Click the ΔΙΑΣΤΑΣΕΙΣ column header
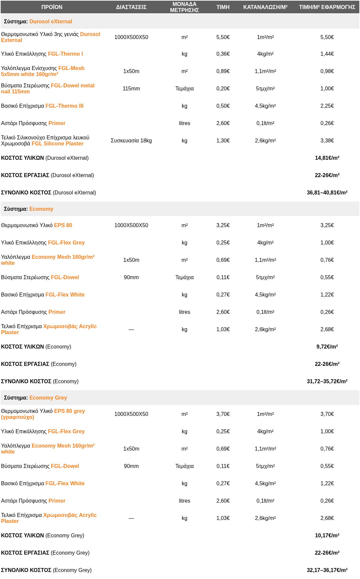pos(131,7)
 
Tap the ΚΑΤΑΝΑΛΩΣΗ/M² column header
pos(265,7)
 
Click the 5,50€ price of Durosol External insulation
pos(223,37)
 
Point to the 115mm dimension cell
pos(131,88)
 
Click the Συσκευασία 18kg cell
pos(131,140)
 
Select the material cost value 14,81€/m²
pos(327,158)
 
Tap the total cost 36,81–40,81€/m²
pos(327,192)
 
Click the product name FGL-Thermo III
pos(64,106)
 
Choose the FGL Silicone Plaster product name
pos(57,143)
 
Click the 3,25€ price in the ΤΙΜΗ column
pos(223,225)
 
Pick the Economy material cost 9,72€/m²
pos(327,347)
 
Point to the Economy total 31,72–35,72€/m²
pos(327,381)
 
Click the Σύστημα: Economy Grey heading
pos(35,398)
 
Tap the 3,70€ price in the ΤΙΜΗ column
pos(223,414)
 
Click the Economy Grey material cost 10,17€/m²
pos(327,535)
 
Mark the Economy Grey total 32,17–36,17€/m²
pos(327,570)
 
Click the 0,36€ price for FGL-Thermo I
pos(223,54)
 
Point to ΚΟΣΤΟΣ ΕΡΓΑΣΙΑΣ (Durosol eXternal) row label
pos(47,175)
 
